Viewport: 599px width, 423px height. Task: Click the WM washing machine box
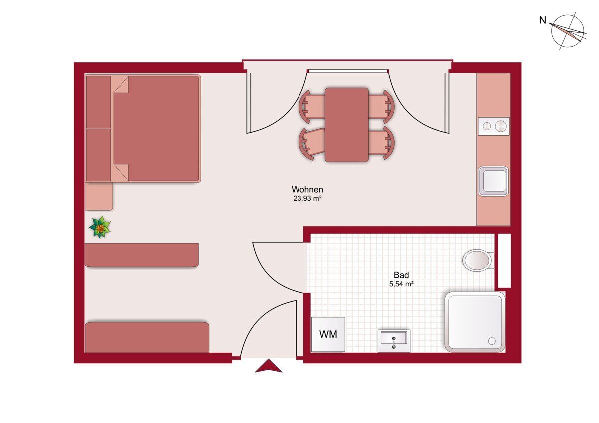(x=328, y=334)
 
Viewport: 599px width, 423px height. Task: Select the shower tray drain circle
(x=492, y=341)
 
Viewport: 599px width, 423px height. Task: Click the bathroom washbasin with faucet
(x=394, y=341)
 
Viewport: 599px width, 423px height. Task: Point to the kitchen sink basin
(x=493, y=181)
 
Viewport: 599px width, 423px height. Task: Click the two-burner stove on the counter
(x=493, y=126)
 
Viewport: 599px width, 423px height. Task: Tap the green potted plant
(x=100, y=227)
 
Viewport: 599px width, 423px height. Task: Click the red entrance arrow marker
(x=268, y=366)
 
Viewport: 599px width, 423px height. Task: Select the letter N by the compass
(x=542, y=20)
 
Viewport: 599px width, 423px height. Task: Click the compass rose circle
(x=567, y=31)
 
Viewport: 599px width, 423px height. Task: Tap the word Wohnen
(x=307, y=189)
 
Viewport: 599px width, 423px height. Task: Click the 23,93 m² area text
(x=307, y=198)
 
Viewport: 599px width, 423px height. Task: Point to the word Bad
(x=401, y=275)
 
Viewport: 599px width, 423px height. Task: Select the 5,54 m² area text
(x=401, y=284)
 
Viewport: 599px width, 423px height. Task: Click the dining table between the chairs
(x=347, y=125)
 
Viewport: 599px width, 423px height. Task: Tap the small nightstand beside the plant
(x=99, y=197)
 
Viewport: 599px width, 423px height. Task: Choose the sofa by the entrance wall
(x=147, y=337)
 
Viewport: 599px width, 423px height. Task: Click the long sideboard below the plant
(x=141, y=255)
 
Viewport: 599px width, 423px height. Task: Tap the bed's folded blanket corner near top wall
(x=122, y=85)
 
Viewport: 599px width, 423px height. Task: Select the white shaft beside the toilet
(x=504, y=261)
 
